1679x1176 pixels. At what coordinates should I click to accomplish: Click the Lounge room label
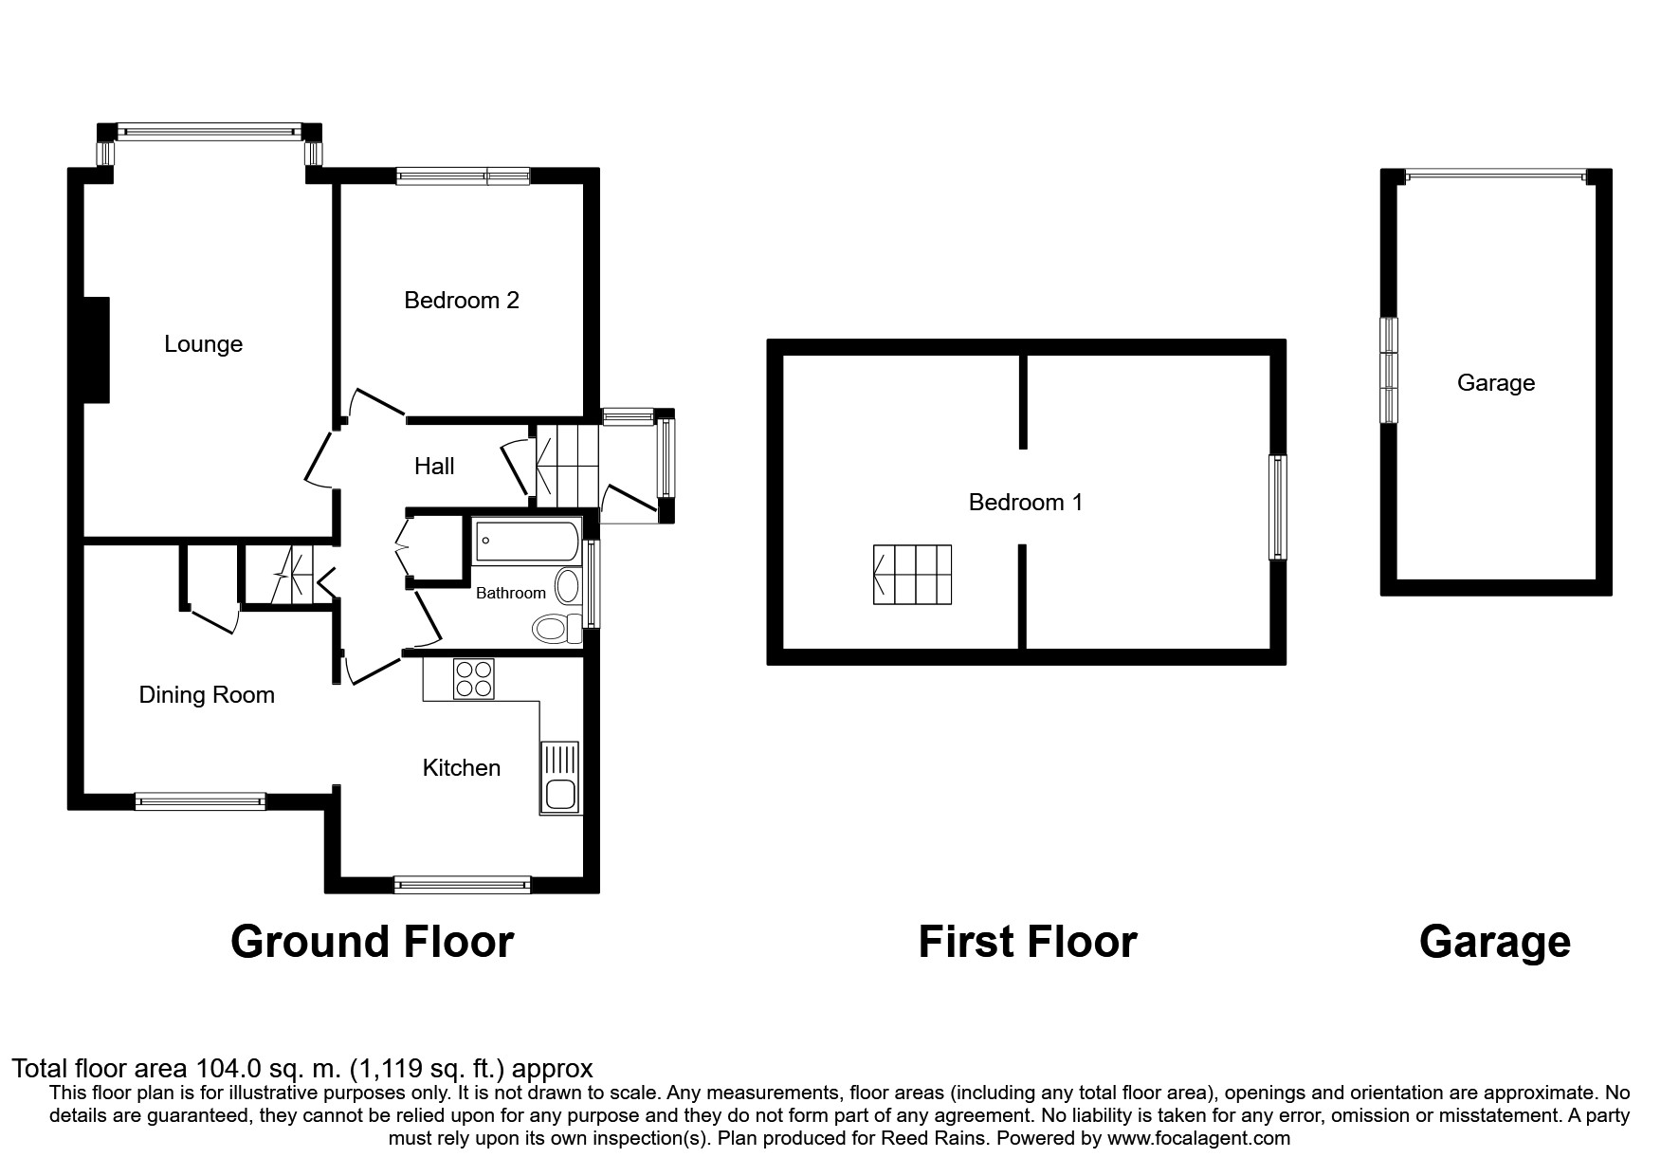tap(203, 344)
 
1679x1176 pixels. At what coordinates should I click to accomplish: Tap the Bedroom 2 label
tap(461, 301)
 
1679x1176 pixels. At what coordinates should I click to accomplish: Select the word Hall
tap(434, 466)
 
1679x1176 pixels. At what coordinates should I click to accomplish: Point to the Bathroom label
tap(510, 593)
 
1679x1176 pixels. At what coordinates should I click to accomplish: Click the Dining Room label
tap(207, 695)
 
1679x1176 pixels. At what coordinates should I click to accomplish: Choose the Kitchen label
tap(461, 767)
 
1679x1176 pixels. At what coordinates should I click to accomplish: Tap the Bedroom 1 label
tap(1025, 502)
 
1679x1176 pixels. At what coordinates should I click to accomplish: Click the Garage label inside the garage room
tap(1495, 383)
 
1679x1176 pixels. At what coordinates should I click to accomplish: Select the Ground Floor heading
tap(372, 942)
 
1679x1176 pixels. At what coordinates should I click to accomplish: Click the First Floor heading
tap(1027, 942)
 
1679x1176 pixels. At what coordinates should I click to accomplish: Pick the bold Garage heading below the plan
tap(1494, 942)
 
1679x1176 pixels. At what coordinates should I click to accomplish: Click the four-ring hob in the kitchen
tap(473, 678)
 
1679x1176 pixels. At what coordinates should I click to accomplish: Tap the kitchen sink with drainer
tap(559, 778)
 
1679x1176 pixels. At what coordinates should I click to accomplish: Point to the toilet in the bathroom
tap(557, 627)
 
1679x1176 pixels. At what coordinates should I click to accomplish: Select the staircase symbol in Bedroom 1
tap(911, 574)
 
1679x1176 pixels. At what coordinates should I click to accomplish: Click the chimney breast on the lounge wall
tap(97, 350)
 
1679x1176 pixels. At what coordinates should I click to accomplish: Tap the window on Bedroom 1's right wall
tap(1279, 507)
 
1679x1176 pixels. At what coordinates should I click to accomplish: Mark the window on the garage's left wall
tap(1389, 370)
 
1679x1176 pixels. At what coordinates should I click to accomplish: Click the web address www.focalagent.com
tap(1198, 1138)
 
